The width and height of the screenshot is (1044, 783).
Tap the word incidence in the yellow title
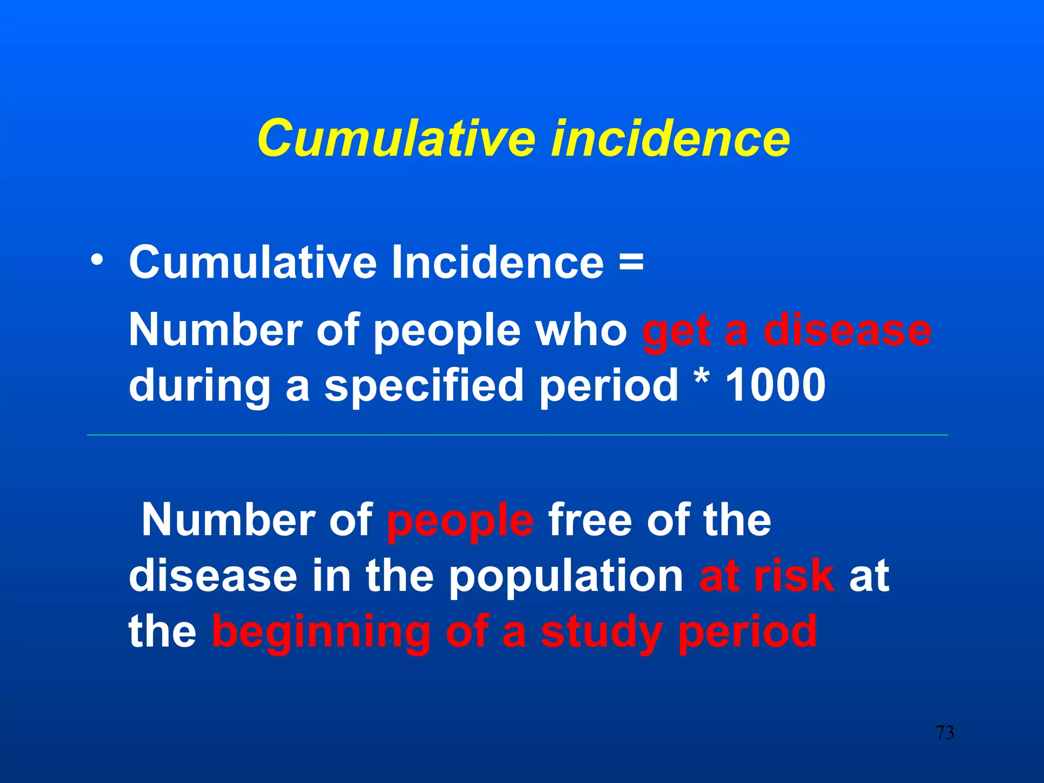tap(670, 138)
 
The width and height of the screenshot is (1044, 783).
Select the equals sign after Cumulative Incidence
tap(631, 263)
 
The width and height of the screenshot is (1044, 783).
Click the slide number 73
tap(945, 733)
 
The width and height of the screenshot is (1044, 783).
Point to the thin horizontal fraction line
tap(517, 435)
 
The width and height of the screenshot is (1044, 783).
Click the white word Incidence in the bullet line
tap(498, 263)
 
